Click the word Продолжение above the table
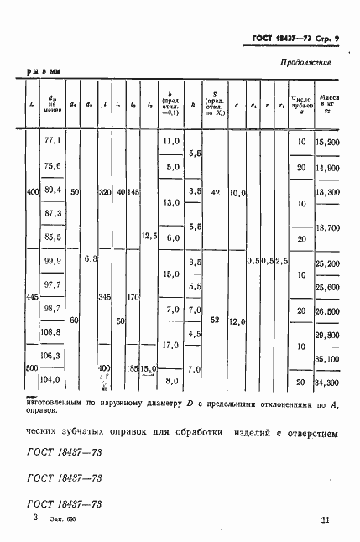click(x=303, y=62)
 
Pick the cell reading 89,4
click(x=53, y=191)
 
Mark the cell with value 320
click(x=105, y=192)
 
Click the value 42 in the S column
click(x=216, y=192)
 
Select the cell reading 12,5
click(x=151, y=237)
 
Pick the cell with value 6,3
click(x=91, y=260)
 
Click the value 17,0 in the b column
click(x=171, y=345)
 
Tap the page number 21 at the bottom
click(x=325, y=520)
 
